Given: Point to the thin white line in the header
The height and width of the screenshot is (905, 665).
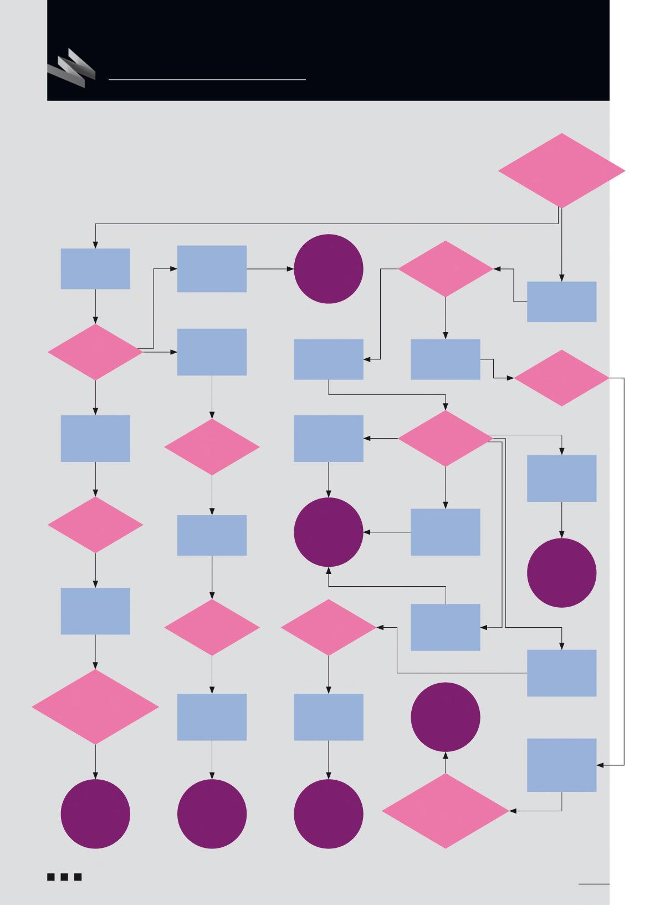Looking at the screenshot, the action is [x=207, y=80].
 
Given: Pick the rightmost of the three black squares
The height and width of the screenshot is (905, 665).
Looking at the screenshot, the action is [x=78, y=877].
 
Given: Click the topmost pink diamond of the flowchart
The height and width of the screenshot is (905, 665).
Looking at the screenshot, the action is [x=561, y=171].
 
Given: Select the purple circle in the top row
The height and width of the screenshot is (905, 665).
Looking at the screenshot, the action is [x=329, y=269].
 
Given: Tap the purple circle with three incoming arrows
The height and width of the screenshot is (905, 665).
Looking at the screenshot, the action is [x=329, y=532].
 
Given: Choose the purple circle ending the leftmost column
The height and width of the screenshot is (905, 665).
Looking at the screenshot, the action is [x=95, y=814].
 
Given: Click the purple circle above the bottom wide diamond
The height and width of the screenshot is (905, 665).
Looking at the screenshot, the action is [x=446, y=717].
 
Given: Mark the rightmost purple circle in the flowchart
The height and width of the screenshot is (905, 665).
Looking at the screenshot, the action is [x=561, y=573].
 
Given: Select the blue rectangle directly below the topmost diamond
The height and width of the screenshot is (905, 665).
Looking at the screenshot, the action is [x=561, y=302].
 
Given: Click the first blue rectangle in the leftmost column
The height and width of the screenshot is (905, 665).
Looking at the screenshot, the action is [x=95, y=269].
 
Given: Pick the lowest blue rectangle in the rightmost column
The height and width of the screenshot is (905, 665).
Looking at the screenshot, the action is [x=561, y=765].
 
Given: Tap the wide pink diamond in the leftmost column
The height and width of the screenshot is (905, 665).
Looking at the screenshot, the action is [x=95, y=707].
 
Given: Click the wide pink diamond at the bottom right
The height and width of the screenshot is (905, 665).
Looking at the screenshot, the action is [x=446, y=811].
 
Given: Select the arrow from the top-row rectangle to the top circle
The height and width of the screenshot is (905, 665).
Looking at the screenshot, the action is [x=270, y=269].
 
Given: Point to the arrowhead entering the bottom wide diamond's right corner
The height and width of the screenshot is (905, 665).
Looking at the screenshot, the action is [x=513, y=811].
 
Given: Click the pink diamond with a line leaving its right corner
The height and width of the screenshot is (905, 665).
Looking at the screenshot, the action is [x=561, y=378].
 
